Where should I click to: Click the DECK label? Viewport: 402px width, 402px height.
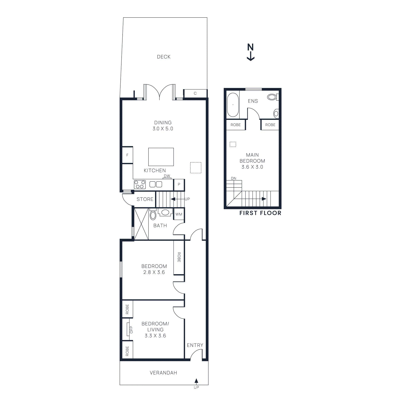click(x=164, y=57)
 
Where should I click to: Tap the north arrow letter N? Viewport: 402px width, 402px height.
click(x=250, y=47)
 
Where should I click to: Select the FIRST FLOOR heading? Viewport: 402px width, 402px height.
click(x=260, y=213)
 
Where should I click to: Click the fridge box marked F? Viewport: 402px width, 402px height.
click(x=127, y=155)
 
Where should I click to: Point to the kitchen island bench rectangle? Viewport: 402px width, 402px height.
click(x=161, y=157)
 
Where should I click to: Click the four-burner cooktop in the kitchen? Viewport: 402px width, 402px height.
click(x=140, y=184)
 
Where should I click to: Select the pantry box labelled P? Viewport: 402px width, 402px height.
click(x=179, y=184)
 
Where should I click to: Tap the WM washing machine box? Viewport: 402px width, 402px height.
click(x=179, y=214)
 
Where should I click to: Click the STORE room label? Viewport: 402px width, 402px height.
click(x=145, y=199)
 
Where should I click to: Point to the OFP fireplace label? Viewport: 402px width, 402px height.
click(x=131, y=330)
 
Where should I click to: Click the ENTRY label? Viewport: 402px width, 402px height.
click(x=195, y=345)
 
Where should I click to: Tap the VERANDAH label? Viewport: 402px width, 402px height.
click(x=163, y=373)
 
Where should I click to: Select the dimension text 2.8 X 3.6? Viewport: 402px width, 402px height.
click(x=154, y=272)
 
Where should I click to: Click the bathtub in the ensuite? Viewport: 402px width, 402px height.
click(x=233, y=105)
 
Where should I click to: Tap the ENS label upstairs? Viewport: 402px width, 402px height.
click(x=253, y=101)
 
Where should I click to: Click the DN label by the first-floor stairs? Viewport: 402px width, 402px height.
click(x=234, y=178)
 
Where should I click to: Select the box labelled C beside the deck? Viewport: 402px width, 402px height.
click(x=195, y=93)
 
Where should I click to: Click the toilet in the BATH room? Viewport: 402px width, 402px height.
click(x=153, y=215)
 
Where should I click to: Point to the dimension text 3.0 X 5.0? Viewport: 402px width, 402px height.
click(x=163, y=129)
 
